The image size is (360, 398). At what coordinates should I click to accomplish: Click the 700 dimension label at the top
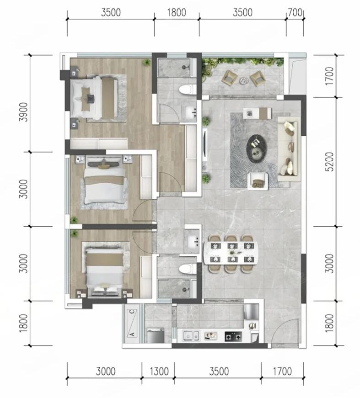pyautogui.click(x=295, y=12)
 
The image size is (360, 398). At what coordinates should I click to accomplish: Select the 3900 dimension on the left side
pyautogui.click(x=24, y=112)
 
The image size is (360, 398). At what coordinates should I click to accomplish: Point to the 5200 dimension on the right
pyautogui.click(x=329, y=162)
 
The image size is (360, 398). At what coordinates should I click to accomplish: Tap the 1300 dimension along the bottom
pyautogui.click(x=159, y=371)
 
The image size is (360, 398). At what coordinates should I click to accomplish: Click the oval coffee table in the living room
pyautogui.click(x=258, y=148)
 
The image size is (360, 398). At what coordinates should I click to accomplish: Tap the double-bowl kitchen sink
pyautogui.click(x=191, y=336)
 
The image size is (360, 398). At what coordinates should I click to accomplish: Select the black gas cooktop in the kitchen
pyautogui.click(x=233, y=337)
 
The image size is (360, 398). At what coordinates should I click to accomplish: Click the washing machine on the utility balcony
pyautogui.click(x=156, y=335)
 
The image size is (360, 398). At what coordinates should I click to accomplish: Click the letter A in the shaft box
pyautogui.click(x=132, y=334)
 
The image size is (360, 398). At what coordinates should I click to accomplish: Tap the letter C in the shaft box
pyautogui.click(x=132, y=312)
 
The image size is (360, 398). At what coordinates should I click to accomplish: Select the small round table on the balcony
pyautogui.click(x=244, y=80)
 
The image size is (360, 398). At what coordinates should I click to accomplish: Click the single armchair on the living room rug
pyautogui.click(x=258, y=181)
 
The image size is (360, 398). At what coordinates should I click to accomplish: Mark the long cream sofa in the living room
pyautogui.click(x=288, y=149)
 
